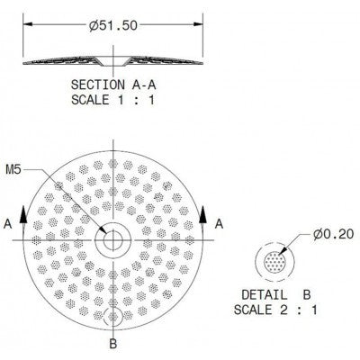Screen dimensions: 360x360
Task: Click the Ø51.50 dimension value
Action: coord(114,25)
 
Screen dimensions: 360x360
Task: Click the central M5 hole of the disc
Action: coord(114,241)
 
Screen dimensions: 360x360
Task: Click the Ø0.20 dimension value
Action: coord(333,234)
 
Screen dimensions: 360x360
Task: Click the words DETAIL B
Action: coord(277,295)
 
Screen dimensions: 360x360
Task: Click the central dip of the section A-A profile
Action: coord(114,61)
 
